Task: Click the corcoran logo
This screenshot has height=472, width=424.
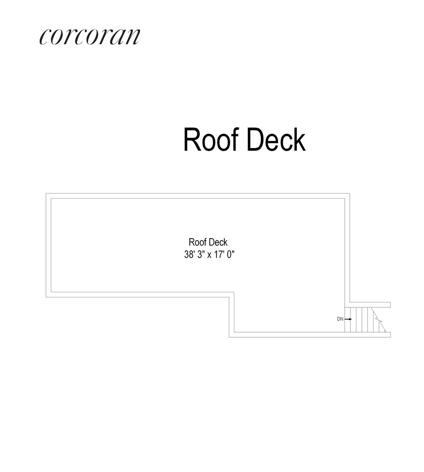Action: pyautogui.click(x=90, y=36)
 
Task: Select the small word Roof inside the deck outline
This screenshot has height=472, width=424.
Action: pyautogui.click(x=197, y=242)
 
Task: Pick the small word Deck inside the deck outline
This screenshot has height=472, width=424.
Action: pyautogui.click(x=218, y=242)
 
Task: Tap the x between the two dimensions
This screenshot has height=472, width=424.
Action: pyautogui.click(x=209, y=255)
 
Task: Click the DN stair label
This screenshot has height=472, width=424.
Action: pyautogui.click(x=340, y=319)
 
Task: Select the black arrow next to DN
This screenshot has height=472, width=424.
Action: pyautogui.click(x=348, y=319)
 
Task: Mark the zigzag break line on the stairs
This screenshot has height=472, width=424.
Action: pyautogui.click(x=378, y=320)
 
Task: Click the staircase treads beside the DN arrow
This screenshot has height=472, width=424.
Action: pyautogui.click(x=362, y=319)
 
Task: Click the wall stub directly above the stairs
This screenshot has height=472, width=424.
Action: pyautogui.click(x=370, y=305)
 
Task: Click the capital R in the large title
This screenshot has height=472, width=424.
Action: pyautogui.click(x=191, y=139)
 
